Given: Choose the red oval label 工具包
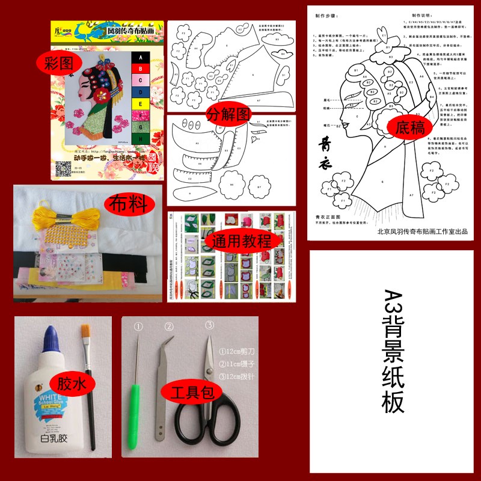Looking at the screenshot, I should point(192,393).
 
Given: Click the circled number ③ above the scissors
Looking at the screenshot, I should point(210,325).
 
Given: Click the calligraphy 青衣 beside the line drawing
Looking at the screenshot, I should point(323,147).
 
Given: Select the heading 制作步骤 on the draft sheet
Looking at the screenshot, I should point(326,17).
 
